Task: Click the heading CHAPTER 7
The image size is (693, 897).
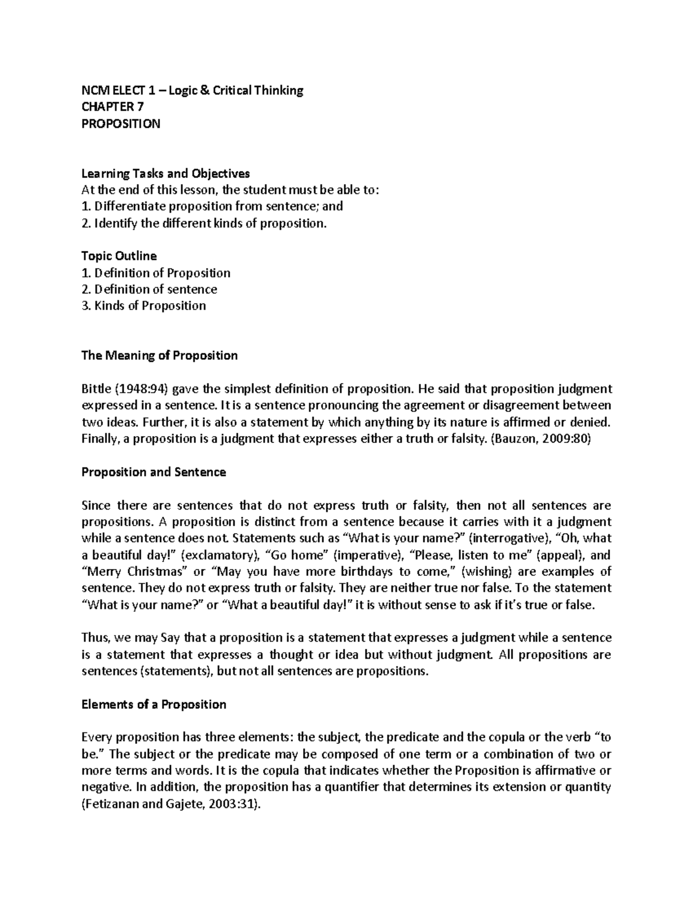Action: (113, 107)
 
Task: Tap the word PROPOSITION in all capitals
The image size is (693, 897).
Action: (121, 124)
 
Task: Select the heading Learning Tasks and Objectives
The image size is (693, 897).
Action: (166, 173)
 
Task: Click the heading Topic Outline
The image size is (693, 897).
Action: (119, 256)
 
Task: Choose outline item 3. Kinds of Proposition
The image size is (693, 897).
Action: (144, 306)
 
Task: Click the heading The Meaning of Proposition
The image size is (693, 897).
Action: (159, 355)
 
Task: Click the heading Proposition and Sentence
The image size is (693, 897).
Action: (154, 472)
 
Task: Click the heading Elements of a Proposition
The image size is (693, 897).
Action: (154, 705)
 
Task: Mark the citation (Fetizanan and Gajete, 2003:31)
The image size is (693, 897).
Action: (171, 804)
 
